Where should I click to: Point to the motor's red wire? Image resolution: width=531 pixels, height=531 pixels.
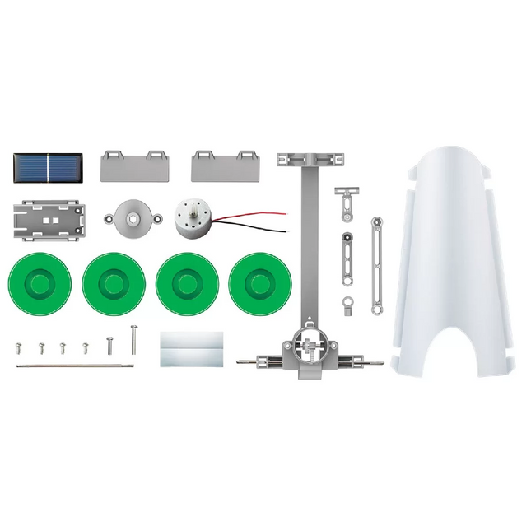coord(255,216)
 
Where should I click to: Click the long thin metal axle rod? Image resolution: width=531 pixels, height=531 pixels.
coord(74,365)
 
